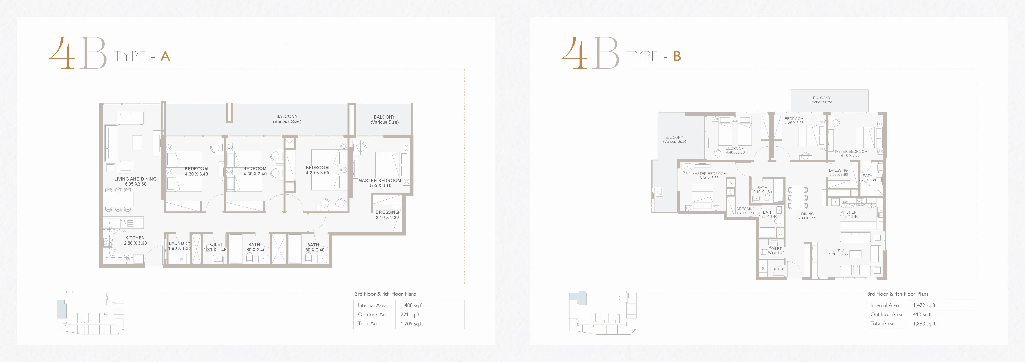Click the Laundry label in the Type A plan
coord(179,246)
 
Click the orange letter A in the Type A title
coord(165,56)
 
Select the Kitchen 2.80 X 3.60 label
coord(135,240)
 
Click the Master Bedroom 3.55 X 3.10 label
coord(379,183)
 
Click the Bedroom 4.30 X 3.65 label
coord(317,170)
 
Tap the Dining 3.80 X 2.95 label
coord(807,216)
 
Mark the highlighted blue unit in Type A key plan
coord(61,309)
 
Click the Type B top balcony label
coord(822,100)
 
